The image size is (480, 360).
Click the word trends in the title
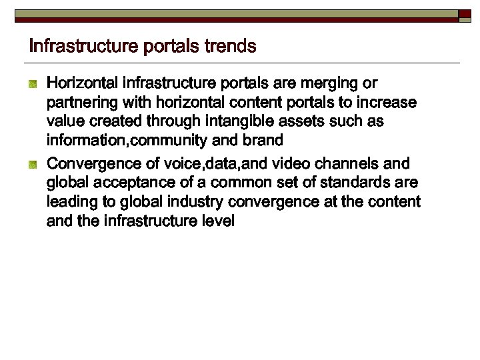(x=230, y=46)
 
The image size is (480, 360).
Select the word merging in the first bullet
(x=329, y=83)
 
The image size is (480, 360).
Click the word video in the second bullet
(x=285, y=163)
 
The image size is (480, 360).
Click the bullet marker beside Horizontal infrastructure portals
(x=33, y=84)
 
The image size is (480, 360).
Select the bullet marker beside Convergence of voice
(x=33, y=164)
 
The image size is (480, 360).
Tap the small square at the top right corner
(x=465, y=14)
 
